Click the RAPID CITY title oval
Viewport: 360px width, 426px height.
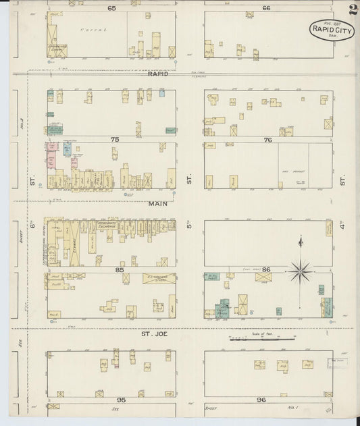pos(332,30)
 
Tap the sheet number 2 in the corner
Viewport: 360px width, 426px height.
pos(353,9)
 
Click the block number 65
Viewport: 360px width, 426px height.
pos(111,8)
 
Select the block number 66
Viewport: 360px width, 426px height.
pos(267,8)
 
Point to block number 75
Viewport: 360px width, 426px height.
pos(115,139)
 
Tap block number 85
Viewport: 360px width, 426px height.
pos(120,270)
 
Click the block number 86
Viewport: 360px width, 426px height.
pos(268,270)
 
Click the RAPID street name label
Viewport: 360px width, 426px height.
pos(157,74)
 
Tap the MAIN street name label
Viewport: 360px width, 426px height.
pos(158,201)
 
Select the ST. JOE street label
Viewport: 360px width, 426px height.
pos(153,334)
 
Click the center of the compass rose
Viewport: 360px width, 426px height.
pos(301,272)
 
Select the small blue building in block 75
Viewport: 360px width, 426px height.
pos(162,93)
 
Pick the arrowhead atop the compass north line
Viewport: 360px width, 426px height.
pos(301,240)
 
